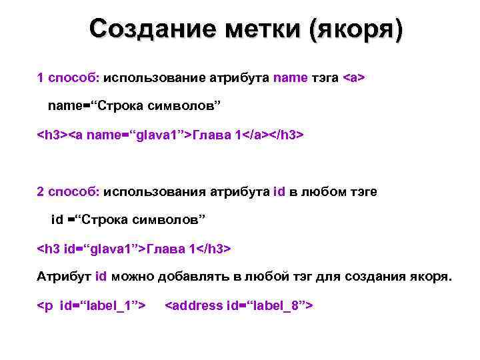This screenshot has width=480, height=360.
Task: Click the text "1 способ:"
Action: tap(67, 79)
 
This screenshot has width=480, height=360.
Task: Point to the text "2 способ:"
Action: tap(67, 192)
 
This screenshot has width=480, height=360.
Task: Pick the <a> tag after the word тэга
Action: tap(353, 79)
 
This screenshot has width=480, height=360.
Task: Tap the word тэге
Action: tap(361, 192)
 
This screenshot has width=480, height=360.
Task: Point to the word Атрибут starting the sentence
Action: tap(64, 277)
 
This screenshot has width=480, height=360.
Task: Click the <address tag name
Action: tap(194, 305)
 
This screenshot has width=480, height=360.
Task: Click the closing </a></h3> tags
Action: tap(273, 135)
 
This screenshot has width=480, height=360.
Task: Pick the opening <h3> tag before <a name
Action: tap(52, 135)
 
